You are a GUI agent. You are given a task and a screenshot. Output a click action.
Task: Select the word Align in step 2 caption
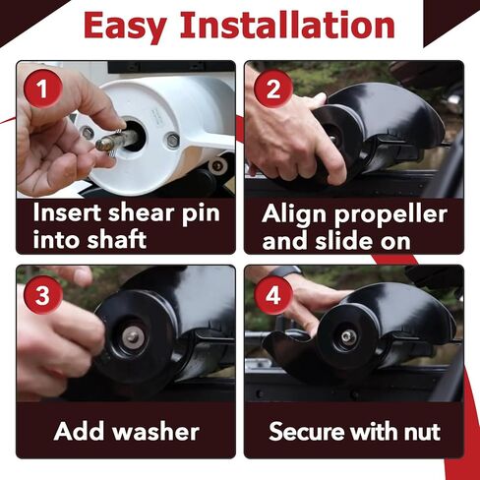(x=296, y=213)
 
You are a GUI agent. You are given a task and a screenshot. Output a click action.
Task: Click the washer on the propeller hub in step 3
(x=131, y=337)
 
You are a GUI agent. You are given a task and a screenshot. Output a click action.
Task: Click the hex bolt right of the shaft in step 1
(x=172, y=141)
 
